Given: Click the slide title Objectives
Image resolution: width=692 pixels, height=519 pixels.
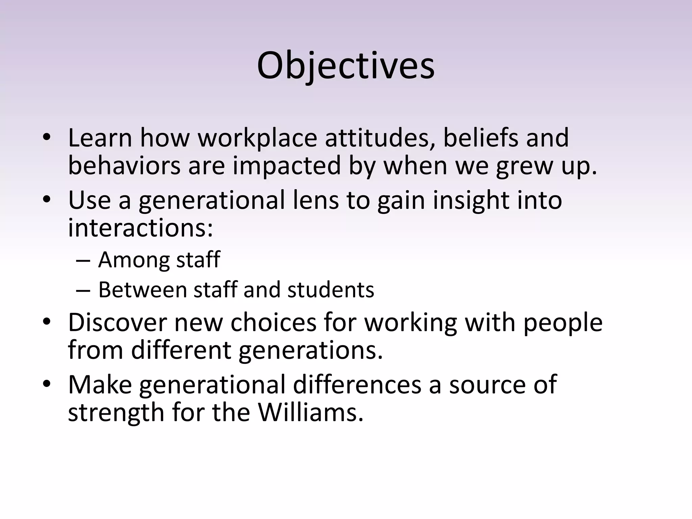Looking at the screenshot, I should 346,66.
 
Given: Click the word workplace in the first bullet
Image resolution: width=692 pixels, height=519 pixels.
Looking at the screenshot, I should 257,138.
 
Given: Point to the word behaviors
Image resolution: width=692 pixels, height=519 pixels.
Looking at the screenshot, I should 124,166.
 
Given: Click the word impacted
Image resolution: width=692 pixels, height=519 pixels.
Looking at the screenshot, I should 287,166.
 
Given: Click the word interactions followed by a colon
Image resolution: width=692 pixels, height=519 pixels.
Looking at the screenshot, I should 141,228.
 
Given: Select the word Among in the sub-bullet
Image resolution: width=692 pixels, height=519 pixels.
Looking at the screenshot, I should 133,260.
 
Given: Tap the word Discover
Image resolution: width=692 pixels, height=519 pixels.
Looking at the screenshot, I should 117,322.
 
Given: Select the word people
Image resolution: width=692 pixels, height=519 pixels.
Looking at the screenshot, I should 563,322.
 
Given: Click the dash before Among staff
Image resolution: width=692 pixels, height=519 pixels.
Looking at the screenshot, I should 83,261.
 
